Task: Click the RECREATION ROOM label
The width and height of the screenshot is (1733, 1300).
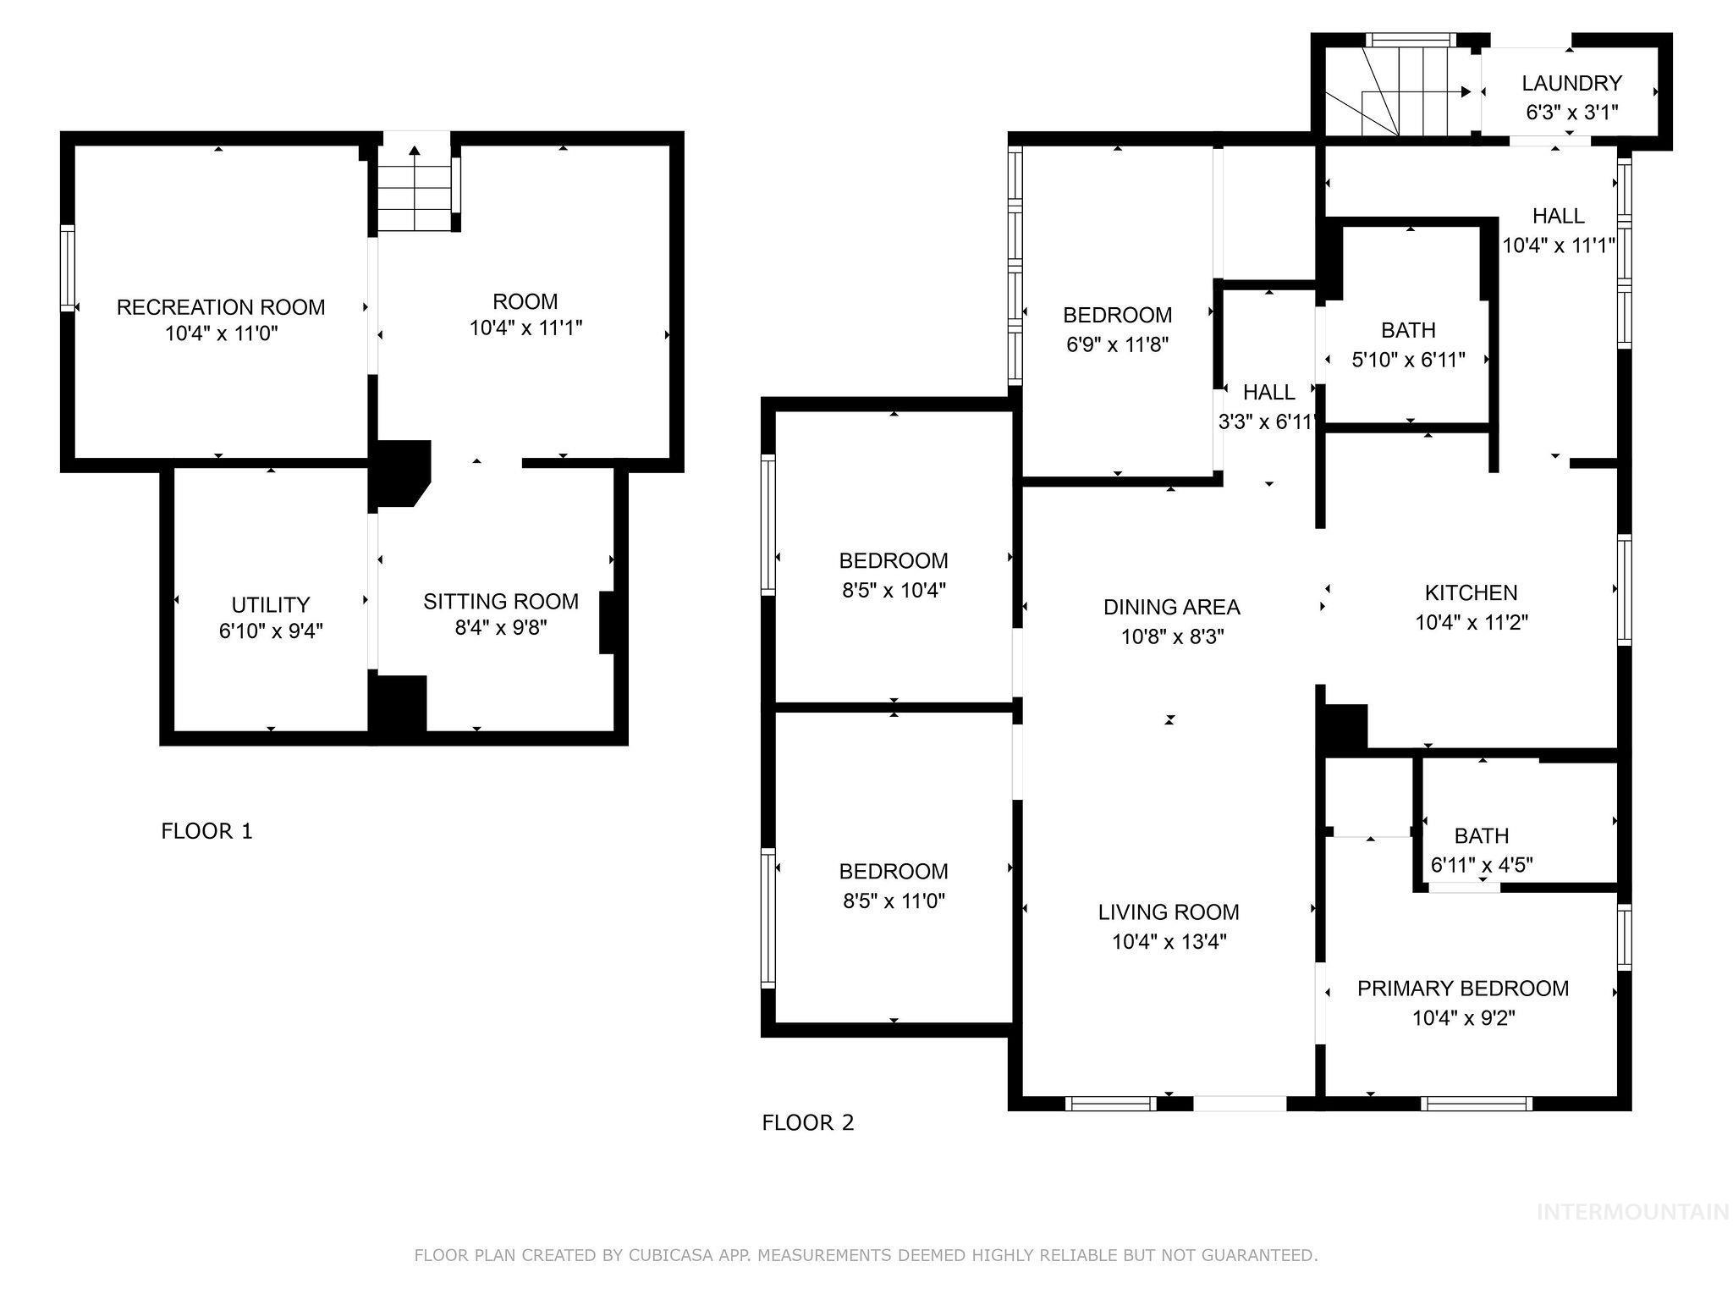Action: coord(220,306)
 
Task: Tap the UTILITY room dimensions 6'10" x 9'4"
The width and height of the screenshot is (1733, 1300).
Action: coord(271,631)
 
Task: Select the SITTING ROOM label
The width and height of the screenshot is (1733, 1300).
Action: coord(501,601)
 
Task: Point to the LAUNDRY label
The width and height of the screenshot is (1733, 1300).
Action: coord(1571,83)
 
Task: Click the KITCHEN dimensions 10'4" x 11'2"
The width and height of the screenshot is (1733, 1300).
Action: coord(1471,623)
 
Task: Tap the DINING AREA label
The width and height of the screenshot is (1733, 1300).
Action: coord(1171,607)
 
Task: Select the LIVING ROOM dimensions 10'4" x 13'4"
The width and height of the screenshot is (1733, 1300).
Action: coord(1169,942)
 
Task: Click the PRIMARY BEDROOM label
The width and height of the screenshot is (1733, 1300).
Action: coord(1462,989)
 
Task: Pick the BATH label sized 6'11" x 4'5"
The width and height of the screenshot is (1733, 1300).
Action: coord(1481,836)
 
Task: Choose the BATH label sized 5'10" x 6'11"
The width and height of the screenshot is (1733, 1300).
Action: coord(1408,330)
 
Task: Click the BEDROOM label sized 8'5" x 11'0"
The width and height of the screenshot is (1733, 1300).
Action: coord(894,871)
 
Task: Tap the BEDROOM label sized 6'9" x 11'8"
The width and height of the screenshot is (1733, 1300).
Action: coord(1117,315)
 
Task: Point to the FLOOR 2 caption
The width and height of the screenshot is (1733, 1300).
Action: coord(807,1123)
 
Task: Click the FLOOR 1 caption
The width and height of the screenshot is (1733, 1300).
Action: coord(206,831)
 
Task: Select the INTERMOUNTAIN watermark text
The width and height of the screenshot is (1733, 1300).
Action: coord(1631,1212)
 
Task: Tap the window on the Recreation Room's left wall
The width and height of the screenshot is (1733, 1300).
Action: coord(68,267)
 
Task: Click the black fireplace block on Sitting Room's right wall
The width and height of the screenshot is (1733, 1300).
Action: coord(608,623)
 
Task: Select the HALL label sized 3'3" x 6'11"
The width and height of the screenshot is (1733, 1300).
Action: coord(1268,392)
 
